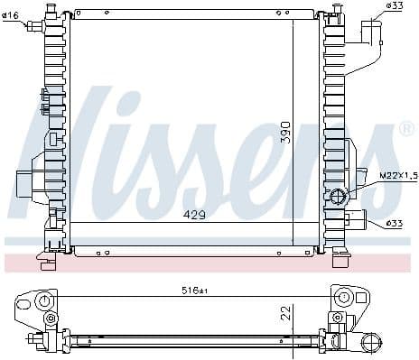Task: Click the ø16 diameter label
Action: pyautogui.click(x=12, y=16)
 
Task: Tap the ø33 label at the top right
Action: pyautogui.click(x=394, y=6)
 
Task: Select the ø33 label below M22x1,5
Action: pyautogui.click(x=396, y=223)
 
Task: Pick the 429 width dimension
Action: pyautogui.click(x=194, y=216)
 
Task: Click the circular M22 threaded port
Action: pyautogui.click(x=340, y=197)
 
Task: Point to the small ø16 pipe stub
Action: pyautogui.click(x=36, y=26)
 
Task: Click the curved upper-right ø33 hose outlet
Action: pyautogui.click(x=373, y=36)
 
